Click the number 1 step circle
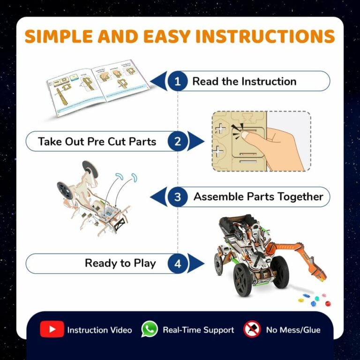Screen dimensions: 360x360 pyautogui.click(x=178, y=82)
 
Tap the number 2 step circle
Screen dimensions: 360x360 pyautogui.click(x=178, y=142)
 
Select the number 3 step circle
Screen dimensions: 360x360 pyautogui.click(x=178, y=197)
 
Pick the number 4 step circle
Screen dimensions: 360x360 pyautogui.click(x=178, y=263)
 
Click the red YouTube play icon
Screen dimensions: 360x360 pyautogui.click(x=52, y=330)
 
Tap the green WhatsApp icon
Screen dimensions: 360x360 pyautogui.click(x=150, y=330)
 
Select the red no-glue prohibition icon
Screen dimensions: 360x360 pyautogui.click(x=252, y=330)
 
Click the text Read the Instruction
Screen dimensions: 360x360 pyautogui.click(x=244, y=82)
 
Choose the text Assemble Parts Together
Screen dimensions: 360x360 pyautogui.click(x=258, y=197)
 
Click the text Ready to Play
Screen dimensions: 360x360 pyautogui.click(x=120, y=263)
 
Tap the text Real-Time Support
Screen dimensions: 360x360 pyautogui.click(x=198, y=330)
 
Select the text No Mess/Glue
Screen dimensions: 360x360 pyautogui.click(x=293, y=330)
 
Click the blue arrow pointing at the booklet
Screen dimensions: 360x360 pyautogui.click(x=160, y=82)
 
